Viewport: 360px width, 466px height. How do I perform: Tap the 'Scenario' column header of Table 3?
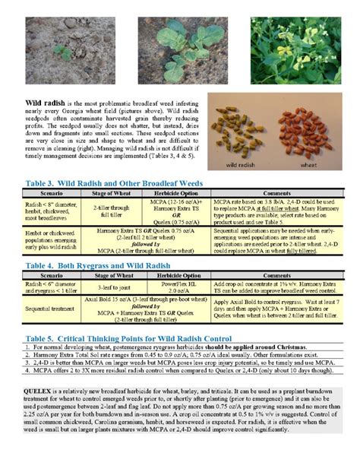[46, 193]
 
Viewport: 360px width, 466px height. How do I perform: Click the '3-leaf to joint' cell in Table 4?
[114, 289]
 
